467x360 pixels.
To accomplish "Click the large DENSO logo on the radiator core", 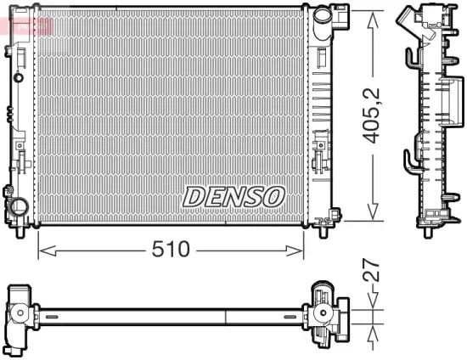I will coord(233,195).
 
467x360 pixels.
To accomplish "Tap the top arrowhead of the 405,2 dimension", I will coord(371,19).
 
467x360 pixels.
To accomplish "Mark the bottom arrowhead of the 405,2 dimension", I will coord(371,217).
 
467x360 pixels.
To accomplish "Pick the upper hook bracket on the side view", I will coord(411,56).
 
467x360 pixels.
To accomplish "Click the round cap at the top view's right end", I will coord(324,316).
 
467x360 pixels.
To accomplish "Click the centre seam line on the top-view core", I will coord(225,316).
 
